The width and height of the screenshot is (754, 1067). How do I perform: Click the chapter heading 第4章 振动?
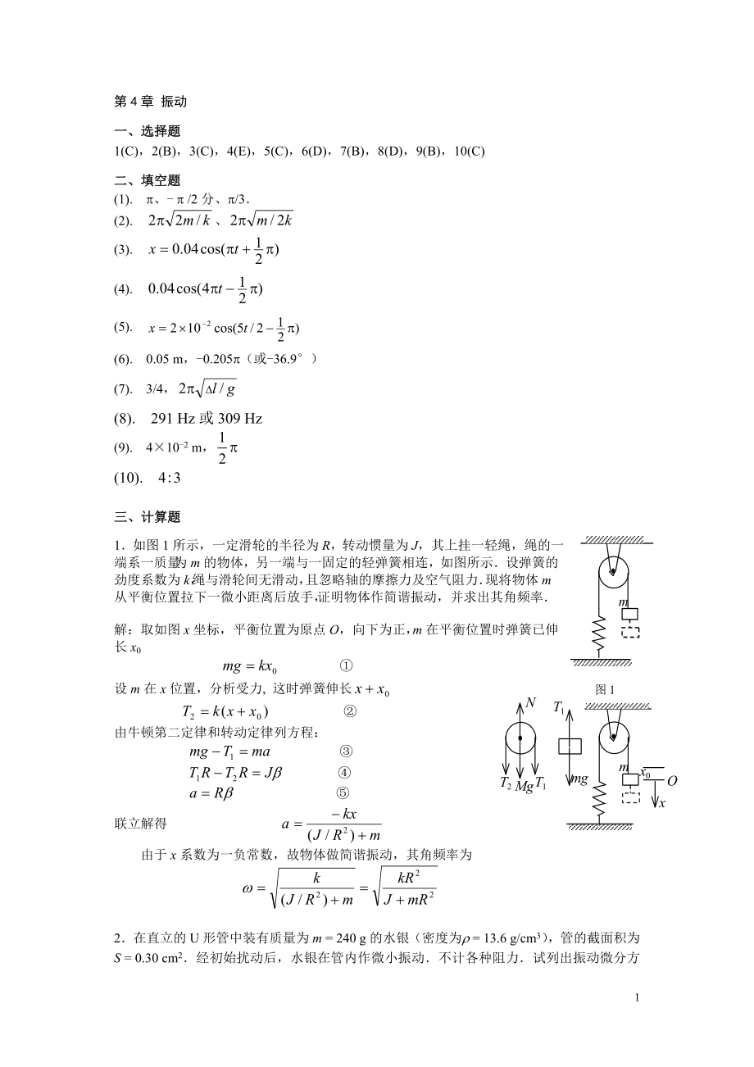tap(152, 102)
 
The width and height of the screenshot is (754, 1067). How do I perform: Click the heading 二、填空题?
tap(148, 180)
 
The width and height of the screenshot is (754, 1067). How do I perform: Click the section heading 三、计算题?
tap(148, 516)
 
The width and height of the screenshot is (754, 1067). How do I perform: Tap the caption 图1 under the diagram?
tap(605, 690)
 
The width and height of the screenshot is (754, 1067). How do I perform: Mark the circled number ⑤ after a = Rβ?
tap(343, 792)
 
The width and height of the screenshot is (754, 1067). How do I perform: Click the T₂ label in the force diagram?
tap(506, 784)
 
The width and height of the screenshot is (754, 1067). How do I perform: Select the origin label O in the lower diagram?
tap(672, 781)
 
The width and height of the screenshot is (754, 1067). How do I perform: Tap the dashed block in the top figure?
tap(630, 632)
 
